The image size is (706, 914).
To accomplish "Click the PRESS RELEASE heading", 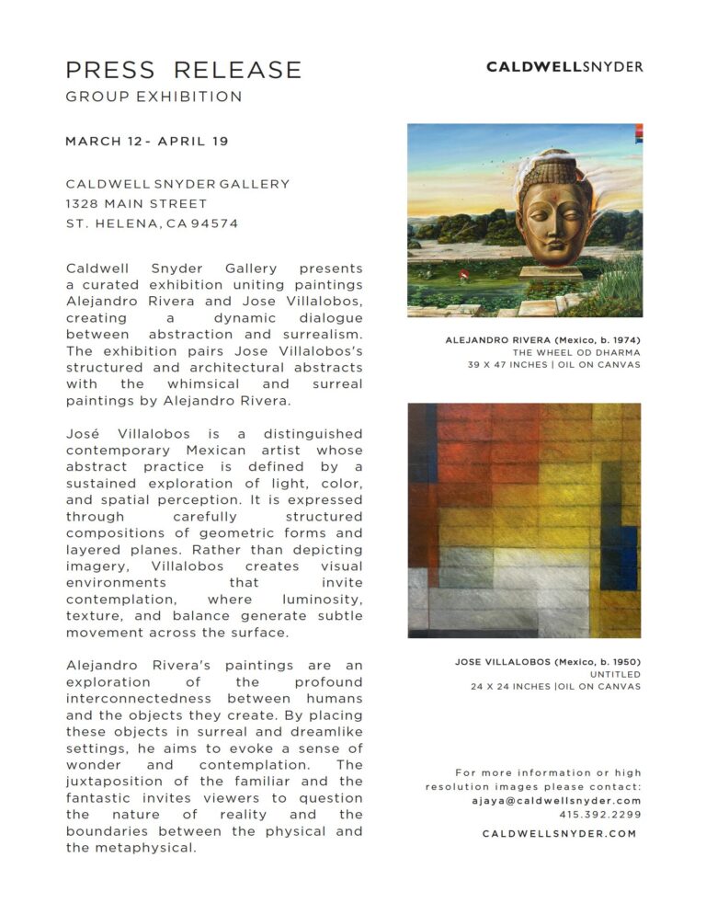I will tap(183, 70).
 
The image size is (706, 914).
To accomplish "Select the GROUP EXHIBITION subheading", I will tap(154, 97).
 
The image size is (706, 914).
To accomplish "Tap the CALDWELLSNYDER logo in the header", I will tap(564, 66).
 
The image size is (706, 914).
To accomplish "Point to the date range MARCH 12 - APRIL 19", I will tap(146, 142).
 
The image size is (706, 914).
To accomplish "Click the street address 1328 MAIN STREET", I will tap(136, 203).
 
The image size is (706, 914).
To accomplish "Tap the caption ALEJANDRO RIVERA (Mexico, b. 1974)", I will tap(543, 340).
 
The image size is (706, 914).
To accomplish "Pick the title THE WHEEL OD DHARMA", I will tap(576, 352).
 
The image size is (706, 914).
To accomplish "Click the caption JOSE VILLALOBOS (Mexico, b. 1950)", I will tap(548, 662).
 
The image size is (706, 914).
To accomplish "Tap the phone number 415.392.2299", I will tap(600, 815).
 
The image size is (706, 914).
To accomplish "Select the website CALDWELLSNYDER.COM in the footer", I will tap(559, 834).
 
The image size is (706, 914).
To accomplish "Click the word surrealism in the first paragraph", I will tap(313, 335).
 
